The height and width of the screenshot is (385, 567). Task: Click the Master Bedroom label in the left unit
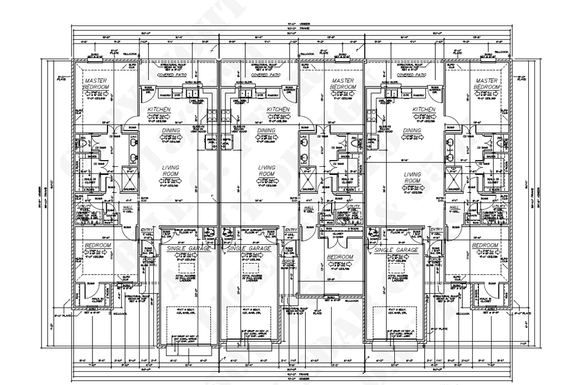click(x=96, y=84)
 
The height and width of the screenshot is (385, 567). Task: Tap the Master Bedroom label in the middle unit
click(x=343, y=84)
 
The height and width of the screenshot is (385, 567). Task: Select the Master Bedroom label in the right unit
click(x=487, y=84)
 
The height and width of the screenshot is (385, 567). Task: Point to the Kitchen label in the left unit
click(x=159, y=110)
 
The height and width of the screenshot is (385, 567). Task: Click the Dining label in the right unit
click(x=412, y=131)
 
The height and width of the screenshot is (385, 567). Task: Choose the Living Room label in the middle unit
click(x=266, y=171)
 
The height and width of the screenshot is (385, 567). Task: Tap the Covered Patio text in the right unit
click(x=413, y=75)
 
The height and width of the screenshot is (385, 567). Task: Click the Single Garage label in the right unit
click(x=397, y=250)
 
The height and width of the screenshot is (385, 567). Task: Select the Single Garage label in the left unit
click(x=188, y=249)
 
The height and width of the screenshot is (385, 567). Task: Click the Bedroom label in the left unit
click(x=97, y=245)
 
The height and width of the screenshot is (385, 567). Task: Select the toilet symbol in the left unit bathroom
click(x=84, y=142)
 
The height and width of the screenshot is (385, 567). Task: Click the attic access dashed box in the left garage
click(x=188, y=279)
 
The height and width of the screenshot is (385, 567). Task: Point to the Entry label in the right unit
click(x=436, y=229)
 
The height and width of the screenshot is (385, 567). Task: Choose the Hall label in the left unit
click(x=127, y=208)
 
